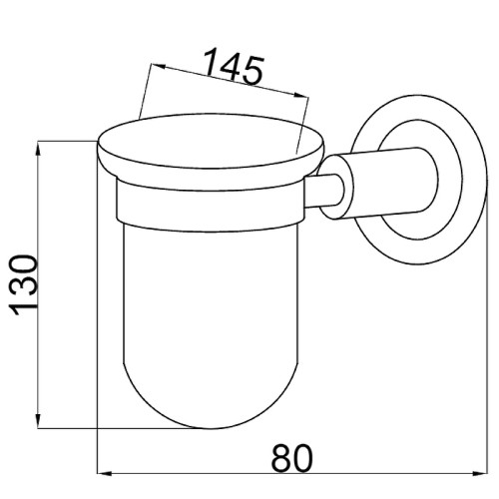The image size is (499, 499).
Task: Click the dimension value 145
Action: pos(233,67)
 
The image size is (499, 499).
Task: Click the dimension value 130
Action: pos(24,285)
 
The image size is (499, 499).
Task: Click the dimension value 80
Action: pos(292,458)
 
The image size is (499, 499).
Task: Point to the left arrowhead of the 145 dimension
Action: pos(159,66)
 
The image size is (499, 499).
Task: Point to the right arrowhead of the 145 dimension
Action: pos(301,95)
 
